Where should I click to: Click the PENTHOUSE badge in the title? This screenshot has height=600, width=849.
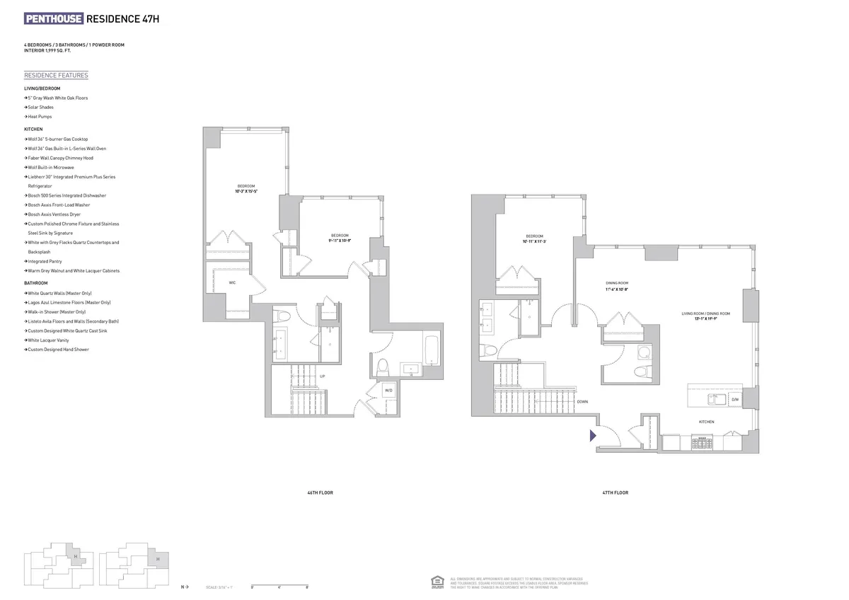tap(54, 19)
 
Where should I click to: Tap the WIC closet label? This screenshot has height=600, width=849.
tap(232, 282)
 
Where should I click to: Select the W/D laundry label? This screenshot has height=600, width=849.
tap(388, 390)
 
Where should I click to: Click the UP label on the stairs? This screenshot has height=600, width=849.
tap(323, 376)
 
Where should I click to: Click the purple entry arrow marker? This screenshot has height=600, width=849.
tap(594, 436)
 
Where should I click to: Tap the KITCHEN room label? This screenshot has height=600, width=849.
tap(706, 422)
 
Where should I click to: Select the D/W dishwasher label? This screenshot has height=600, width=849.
tap(735, 400)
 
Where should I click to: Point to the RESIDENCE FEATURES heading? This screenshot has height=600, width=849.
tap(56, 76)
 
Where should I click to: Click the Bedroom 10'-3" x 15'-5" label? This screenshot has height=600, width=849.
tap(246, 189)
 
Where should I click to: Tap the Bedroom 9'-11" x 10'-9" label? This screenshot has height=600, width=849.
tap(340, 238)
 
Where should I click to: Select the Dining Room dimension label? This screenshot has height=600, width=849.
tap(617, 286)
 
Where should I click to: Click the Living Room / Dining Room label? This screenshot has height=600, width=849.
tap(706, 316)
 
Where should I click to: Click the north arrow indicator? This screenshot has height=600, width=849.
tap(185, 587)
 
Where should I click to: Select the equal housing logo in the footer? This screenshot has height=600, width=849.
tap(437, 582)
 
